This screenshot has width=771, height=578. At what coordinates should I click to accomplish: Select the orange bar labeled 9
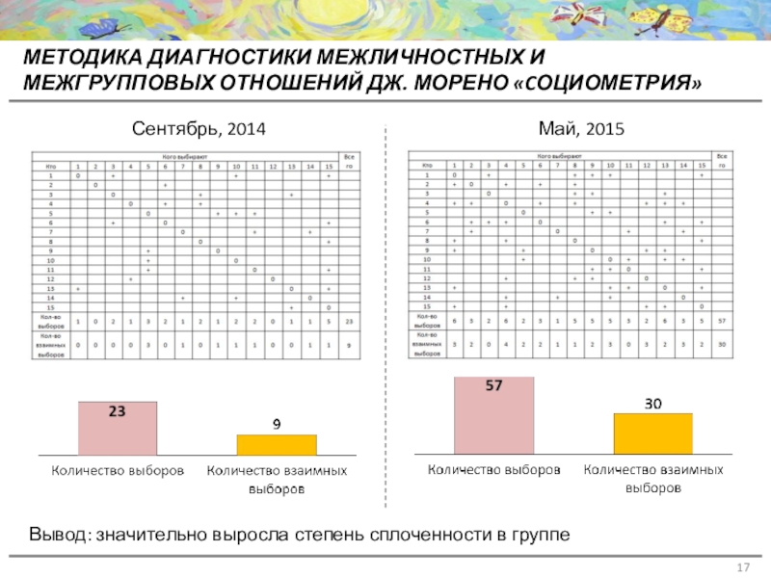click(x=277, y=445)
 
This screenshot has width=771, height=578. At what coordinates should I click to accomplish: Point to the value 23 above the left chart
click(x=118, y=411)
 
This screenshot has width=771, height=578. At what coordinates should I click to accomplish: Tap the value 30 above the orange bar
click(x=652, y=404)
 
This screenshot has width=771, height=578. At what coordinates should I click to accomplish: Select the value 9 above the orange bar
click(x=277, y=424)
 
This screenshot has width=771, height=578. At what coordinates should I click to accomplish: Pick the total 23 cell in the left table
click(x=348, y=321)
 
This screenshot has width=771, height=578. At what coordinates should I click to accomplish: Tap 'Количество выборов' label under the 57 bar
click(x=493, y=471)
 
